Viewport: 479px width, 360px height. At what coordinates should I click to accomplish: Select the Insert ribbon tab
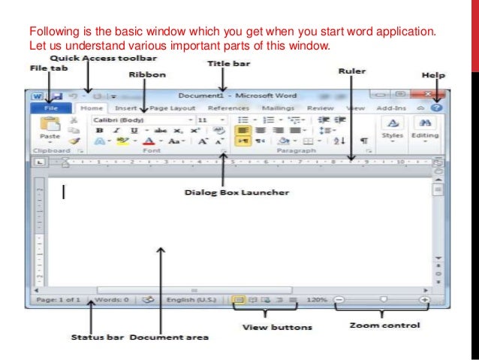126,108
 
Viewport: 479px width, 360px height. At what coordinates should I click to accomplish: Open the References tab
228,108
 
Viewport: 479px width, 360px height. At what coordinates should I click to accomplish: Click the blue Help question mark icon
435,108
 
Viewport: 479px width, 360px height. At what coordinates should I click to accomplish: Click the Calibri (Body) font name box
140,119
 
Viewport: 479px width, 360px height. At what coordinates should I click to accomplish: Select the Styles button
393,129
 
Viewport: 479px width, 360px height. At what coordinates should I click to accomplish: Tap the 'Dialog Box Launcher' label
227,192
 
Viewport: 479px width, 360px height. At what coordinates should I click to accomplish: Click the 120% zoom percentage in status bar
317,299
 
